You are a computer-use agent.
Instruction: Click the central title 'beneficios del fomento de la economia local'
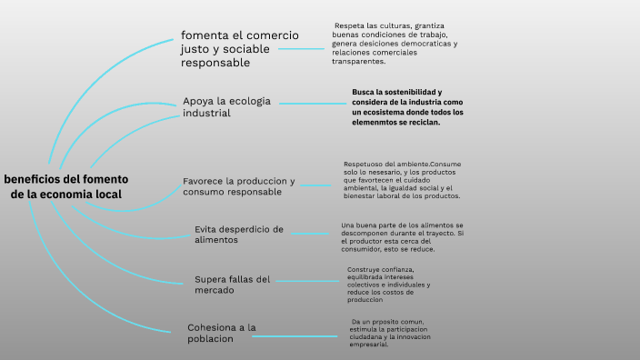[65, 185]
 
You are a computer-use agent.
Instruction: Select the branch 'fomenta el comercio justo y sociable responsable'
[239, 49]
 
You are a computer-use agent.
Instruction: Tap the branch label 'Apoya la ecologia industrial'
[227, 106]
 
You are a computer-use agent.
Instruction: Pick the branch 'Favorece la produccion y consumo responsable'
[239, 186]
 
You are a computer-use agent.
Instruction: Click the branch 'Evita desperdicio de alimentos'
[239, 235]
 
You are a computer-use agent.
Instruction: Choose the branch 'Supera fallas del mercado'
[233, 285]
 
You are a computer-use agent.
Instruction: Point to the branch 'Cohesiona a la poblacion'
[221, 332]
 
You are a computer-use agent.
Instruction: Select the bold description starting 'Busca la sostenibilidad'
[407, 107]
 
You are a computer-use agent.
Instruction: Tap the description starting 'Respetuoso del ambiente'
[402, 179]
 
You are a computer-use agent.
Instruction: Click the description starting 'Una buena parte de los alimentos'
[402, 236]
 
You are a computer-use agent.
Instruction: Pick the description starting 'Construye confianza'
[388, 285]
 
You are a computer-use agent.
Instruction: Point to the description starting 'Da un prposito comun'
[389, 333]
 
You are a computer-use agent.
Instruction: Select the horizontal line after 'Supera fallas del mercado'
[307, 281]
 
